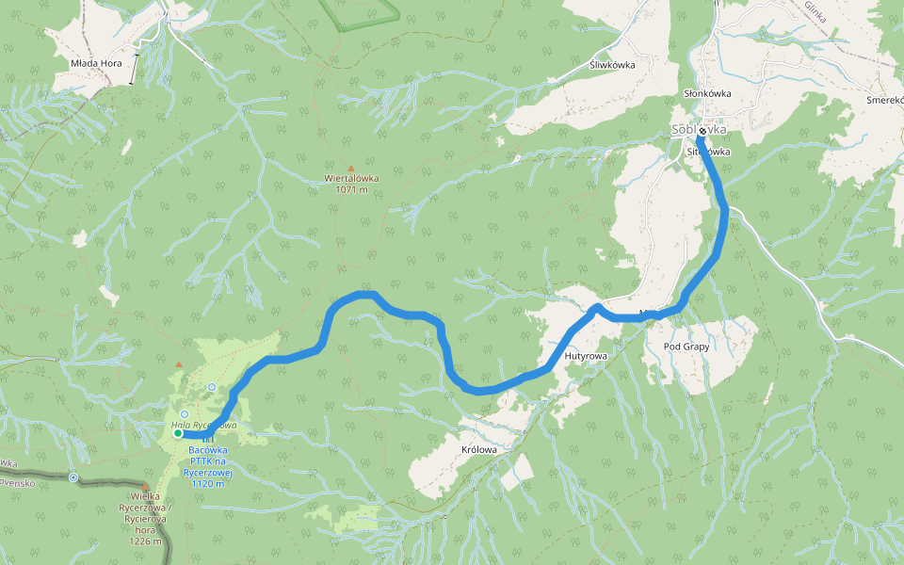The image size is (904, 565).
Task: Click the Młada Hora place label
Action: (x=97, y=63)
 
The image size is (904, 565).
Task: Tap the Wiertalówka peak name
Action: (x=351, y=178)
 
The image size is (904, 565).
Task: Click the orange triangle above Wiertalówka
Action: (x=351, y=168)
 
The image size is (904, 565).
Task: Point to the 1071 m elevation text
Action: (x=351, y=189)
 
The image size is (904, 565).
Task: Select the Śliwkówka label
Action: (x=611, y=65)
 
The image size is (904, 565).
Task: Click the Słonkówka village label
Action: (x=707, y=94)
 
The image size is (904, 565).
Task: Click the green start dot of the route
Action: (x=177, y=433)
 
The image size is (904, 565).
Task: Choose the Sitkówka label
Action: (x=709, y=152)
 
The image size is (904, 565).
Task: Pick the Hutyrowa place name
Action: (x=586, y=357)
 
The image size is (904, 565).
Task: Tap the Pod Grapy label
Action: (x=686, y=347)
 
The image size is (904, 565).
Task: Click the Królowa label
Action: (x=479, y=450)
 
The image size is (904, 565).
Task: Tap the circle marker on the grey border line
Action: (x=73, y=477)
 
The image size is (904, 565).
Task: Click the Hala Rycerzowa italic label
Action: (x=203, y=426)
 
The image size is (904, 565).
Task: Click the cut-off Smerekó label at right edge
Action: (x=884, y=99)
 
